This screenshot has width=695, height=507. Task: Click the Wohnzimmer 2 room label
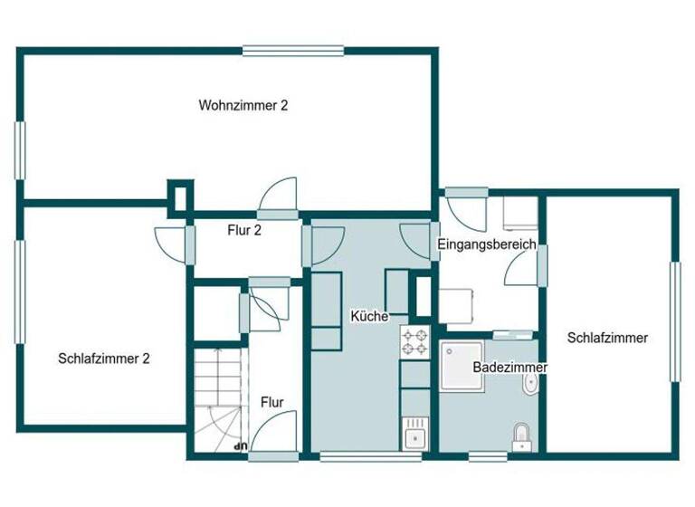click(243, 105)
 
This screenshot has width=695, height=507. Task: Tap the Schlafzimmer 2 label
click(103, 359)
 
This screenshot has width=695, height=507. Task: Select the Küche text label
click(369, 316)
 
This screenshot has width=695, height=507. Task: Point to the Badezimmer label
click(509, 368)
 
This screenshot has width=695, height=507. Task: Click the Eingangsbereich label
click(487, 244)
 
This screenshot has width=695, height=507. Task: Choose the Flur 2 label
click(243, 231)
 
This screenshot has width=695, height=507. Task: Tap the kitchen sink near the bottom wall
click(414, 434)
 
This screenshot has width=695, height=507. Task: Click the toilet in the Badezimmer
click(521, 435)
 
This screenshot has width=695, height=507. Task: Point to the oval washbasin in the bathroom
click(530, 385)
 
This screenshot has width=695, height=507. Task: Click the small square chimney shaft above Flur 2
click(180, 195)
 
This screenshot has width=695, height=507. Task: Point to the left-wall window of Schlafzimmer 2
click(19, 289)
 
